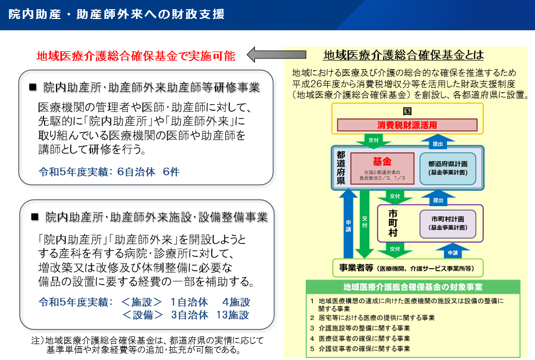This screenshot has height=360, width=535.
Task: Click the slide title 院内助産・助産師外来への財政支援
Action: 116,14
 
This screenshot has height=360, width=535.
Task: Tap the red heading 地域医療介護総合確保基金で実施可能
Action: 136,56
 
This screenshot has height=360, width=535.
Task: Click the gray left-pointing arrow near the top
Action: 276,54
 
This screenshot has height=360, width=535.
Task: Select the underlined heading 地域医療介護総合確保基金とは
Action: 403,55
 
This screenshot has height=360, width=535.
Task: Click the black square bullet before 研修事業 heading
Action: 33,87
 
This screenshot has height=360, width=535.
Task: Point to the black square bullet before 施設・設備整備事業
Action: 35,217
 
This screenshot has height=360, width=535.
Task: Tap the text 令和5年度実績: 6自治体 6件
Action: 109,172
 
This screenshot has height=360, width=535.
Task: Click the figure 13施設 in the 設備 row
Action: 233,315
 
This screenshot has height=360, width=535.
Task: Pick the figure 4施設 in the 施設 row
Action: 236,302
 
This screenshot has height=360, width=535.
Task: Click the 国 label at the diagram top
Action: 407,111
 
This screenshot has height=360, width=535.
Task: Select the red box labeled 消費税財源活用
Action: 407,125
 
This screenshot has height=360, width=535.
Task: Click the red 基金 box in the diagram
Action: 382,168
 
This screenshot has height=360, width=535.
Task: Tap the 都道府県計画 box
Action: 448,168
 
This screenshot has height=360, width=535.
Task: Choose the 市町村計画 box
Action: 448,224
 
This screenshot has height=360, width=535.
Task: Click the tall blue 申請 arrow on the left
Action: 348,224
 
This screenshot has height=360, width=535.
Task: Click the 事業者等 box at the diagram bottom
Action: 408,268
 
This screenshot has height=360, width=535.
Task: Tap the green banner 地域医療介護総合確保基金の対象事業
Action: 413,287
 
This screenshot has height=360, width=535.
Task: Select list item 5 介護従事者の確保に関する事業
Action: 360,349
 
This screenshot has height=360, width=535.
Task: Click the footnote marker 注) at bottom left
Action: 38,340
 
